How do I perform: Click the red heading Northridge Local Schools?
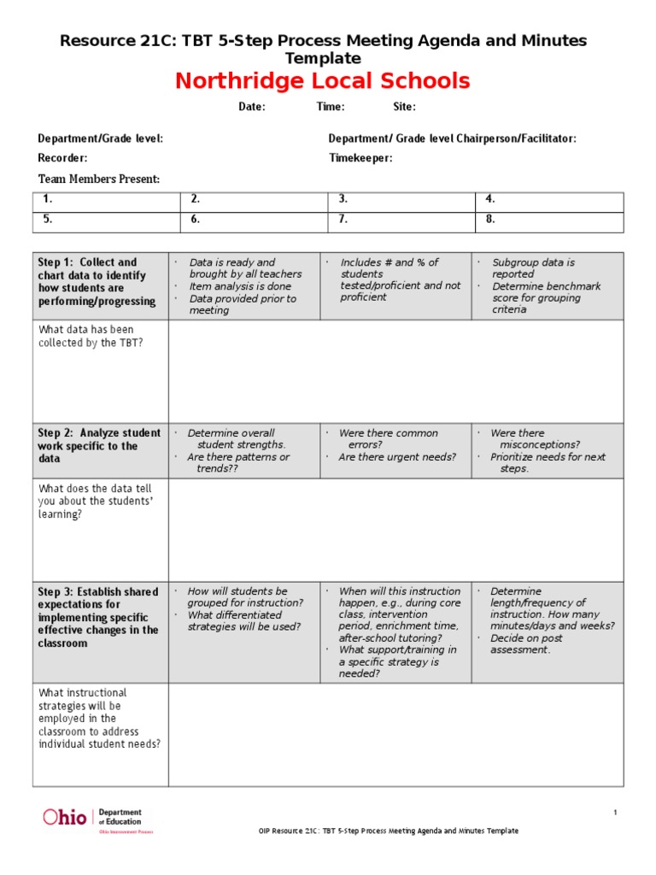(322, 81)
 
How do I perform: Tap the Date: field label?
(251, 108)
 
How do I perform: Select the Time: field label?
(331, 108)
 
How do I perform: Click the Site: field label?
(404, 108)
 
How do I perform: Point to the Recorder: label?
(62, 158)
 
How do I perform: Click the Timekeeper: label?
(360, 158)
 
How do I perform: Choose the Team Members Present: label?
(99, 179)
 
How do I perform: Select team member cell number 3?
(401, 199)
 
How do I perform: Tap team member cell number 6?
(254, 219)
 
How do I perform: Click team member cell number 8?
(549, 219)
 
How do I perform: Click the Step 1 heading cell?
(100, 282)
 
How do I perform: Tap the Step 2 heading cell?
(100, 446)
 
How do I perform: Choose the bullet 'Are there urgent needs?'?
(397, 457)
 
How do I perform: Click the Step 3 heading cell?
(100, 617)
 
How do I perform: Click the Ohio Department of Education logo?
(92, 818)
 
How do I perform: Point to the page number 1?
(615, 813)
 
